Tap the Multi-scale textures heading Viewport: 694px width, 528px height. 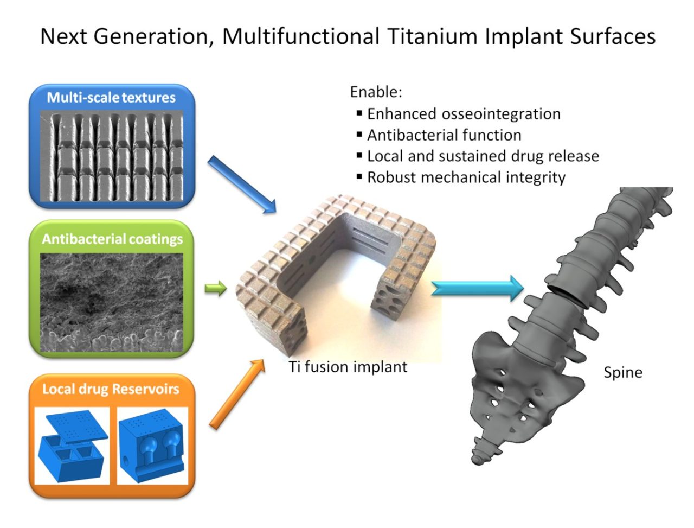coord(111,98)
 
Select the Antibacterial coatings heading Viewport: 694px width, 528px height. coord(112,239)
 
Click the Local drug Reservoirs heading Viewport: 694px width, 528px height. coord(111,389)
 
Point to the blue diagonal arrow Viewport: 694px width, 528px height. coord(242,185)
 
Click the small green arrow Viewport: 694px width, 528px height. coord(216,288)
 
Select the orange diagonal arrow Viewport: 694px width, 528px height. coord(237,394)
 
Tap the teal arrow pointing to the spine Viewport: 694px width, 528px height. coord(477,288)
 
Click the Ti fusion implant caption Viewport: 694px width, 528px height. coord(348,367)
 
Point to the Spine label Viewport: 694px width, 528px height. coord(623,373)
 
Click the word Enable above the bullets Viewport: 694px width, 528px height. coord(376,92)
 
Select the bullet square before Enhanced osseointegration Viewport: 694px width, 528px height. coord(359,113)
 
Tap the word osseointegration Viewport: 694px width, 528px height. coord(501,114)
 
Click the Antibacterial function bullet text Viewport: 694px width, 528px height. coord(444,135)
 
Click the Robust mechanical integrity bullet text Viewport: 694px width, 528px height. coord(466,177)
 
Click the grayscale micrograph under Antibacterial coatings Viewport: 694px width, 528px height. coord(111,302)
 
